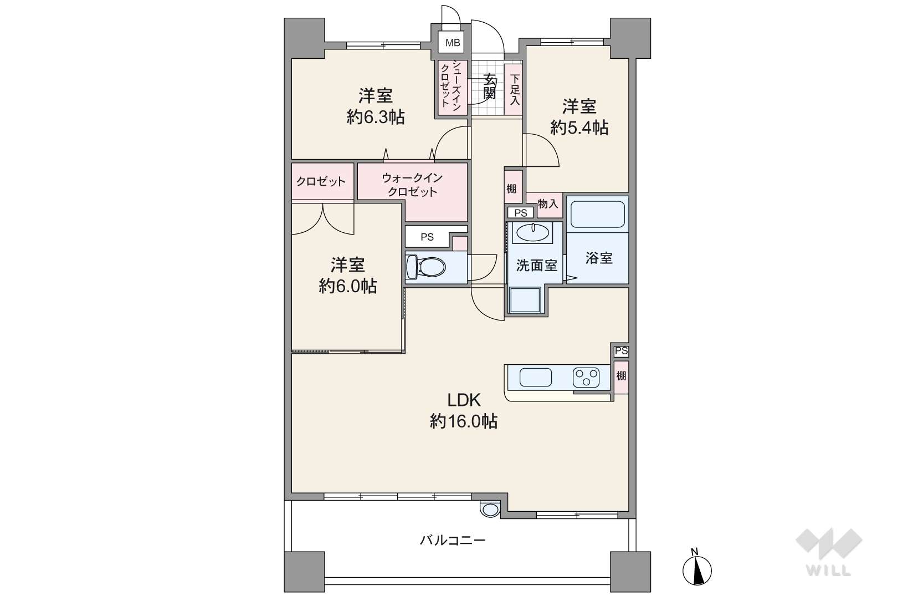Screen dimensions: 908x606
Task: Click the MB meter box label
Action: click(453, 43)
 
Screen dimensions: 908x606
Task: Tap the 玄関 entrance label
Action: click(490, 86)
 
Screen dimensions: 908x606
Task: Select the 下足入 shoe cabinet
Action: click(514, 89)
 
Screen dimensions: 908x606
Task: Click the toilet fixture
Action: click(425, 267)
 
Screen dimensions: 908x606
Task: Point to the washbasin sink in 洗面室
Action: click(532, 232)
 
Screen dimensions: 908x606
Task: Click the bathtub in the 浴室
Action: click(598, 214)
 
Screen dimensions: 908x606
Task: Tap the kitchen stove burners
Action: click(586, 378)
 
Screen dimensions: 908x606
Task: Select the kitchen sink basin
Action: click(536, 377)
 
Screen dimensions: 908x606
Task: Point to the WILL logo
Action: click(829, 552)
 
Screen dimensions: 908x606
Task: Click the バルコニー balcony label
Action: click(453, 540)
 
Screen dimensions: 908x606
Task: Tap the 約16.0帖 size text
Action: click(464, 422)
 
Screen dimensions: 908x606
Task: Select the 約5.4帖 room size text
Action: click(579, 128)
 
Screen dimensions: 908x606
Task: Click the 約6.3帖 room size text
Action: click(376, 117)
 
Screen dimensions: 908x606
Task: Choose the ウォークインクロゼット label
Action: click(412, 185)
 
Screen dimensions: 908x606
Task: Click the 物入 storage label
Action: click(548, 203)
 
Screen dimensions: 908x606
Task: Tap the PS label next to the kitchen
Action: click(622, 351)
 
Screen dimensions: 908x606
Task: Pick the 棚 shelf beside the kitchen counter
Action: click(621, 377)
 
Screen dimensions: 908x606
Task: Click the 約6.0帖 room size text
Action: click(348, 287)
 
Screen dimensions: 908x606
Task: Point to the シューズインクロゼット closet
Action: click(452, 87)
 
